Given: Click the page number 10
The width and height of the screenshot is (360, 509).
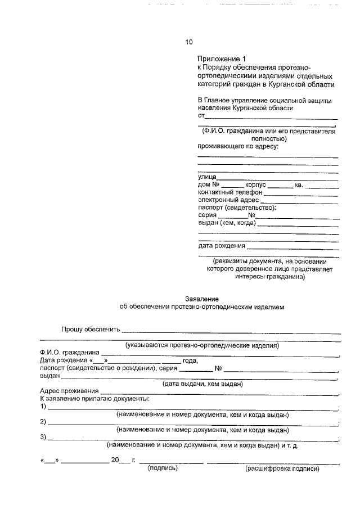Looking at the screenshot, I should pos(189,42).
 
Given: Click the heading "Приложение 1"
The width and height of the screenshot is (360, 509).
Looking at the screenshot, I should pos(222,58).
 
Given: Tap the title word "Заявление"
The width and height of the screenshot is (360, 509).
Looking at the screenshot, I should pos(202,299).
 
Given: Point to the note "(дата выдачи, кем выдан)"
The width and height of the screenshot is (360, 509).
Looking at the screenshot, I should pos(202,384).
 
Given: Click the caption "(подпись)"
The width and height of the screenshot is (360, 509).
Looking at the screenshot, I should pos(162,467).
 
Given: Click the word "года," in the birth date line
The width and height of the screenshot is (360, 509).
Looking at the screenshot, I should pos(190,361).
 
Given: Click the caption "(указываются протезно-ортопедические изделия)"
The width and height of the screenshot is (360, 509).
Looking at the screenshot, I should pos(202,345).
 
